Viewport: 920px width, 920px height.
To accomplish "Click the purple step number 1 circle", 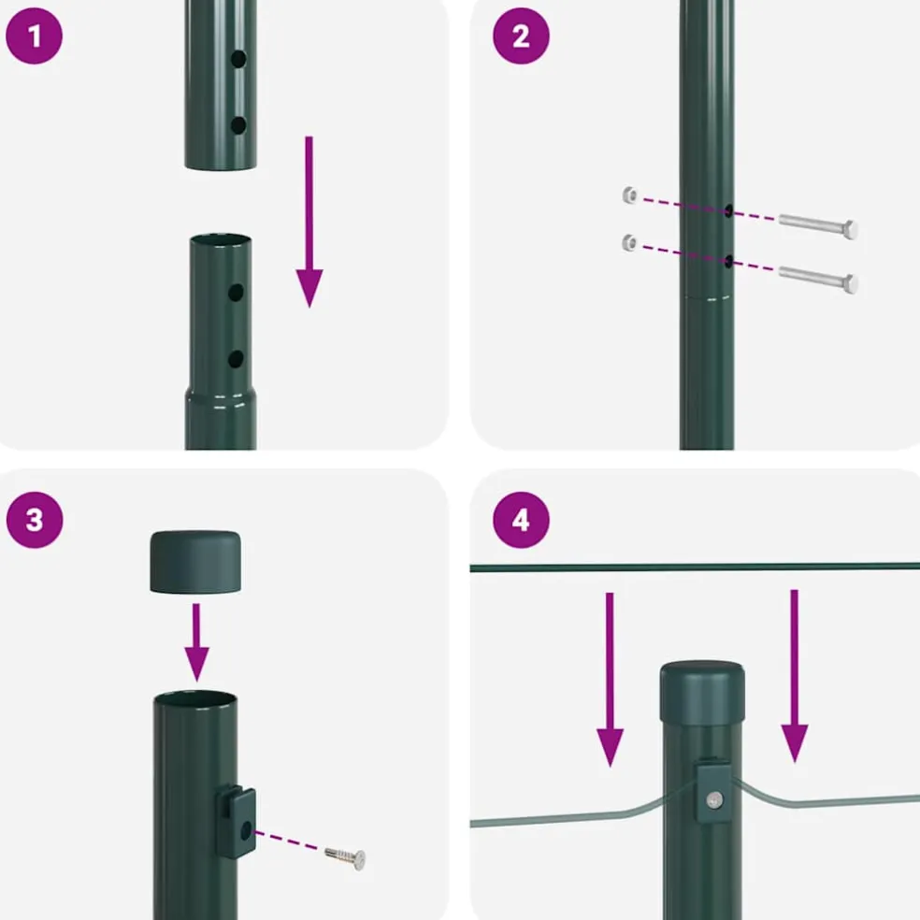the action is pyautogui.click(x=34, y=36).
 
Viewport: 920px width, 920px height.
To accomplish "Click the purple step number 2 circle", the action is pyautogui.click(x=521, y=36).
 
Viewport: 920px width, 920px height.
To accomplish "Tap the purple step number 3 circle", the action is pyautogui.click(x=35, y=520).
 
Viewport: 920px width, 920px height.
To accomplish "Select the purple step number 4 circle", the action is pyautogui.click(x=521, y=520).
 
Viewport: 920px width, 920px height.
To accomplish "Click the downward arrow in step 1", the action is pyautogui.click(x=309, y=222).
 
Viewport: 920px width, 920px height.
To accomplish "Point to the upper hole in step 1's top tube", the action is pyautogui.click(x=238, y=59).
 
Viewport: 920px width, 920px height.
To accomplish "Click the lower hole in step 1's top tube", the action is pyautogui.click(x=238, y=125).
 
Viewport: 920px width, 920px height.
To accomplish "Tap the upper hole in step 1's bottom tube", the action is pyautogui.click(x=236, y=293).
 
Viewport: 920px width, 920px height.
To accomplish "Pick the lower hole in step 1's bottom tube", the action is pyautogui.click(x=236, y=359).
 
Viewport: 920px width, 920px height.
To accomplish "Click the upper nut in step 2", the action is pyautogui.click(x=630, y=194).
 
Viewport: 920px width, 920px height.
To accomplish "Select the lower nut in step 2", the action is pyautogui.click(x=630, y=242).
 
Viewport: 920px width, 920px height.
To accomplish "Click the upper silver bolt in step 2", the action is pyautogui.click(x=818, y=226).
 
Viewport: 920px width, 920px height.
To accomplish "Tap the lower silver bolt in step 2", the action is pyautogui.click(x=818, y=280).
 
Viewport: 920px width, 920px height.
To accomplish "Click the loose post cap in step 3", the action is pyautogui.click(x=195, y=562).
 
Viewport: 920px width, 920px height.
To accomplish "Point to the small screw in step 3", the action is pyautogui.click(x=346, y=857).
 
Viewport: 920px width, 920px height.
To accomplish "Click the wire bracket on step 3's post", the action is pyautogui.click(x=236, y=822).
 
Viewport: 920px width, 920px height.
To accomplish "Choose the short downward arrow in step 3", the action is pyautogui.click(x=196, y=642).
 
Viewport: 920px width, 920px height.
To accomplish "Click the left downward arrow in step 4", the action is pyautogui.click(x=610, y=680).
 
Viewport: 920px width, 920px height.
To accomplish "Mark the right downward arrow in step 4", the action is pyautogui.click(x=795, y=676).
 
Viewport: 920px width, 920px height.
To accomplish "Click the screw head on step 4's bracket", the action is pyautogui.click(x=714, y=799).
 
